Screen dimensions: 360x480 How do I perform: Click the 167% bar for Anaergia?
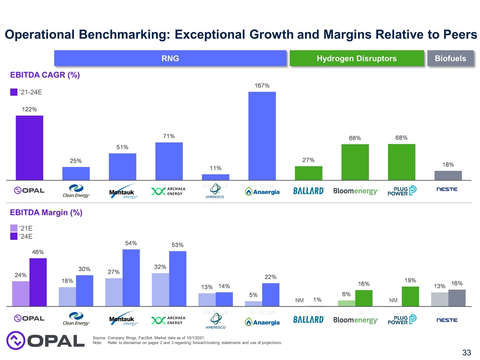[262, 136]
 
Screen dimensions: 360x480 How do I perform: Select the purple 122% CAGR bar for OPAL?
[29, 147]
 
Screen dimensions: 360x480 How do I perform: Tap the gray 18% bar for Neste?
[448, 175]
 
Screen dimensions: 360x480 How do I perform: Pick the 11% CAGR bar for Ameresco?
[215, 177]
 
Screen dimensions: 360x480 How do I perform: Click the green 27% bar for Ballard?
[308, 172]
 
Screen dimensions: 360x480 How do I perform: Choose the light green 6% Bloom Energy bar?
[346, 303]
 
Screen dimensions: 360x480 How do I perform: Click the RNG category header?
[170, 58]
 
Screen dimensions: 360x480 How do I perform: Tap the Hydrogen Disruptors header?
[356, 58]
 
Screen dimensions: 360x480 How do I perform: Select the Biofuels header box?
[450, 58]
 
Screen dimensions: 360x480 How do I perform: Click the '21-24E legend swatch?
[14, 92]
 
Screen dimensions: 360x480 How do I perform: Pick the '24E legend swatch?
[14, 236]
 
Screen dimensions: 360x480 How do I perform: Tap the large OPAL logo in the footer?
[45, 340]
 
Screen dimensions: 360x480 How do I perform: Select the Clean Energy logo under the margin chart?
[76, 318]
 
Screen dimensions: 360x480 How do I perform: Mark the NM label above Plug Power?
[393, 300]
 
